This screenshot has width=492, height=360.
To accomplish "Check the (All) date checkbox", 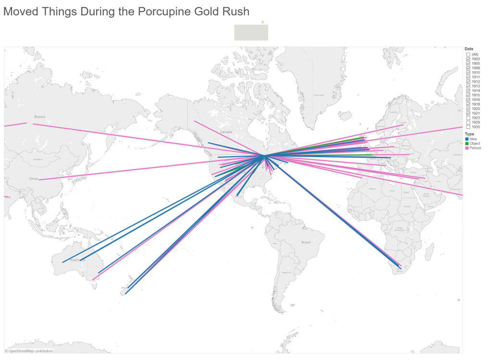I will pos(468,54).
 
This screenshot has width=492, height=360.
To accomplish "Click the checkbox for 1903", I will pos(468,59).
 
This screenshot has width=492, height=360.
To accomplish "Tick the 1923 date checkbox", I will pos(468,118).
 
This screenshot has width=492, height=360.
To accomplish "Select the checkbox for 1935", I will pos(468,127).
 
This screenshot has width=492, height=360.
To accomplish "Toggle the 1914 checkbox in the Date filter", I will pos(468,90).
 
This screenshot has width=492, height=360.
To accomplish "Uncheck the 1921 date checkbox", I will pos(468,113).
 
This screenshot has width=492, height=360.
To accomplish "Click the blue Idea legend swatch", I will pos(467,139).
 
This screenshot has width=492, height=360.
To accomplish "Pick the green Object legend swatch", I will pos(467,143).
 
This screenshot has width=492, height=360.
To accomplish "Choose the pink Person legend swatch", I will pos(467,148).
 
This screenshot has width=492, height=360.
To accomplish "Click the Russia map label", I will pos(39,117).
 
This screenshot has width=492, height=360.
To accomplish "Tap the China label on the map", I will pos(33,179).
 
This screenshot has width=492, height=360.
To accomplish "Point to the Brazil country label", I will pos(306,242).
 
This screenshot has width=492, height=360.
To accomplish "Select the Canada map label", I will pos(226,132).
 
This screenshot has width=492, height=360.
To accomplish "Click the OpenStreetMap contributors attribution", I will pos(29,351).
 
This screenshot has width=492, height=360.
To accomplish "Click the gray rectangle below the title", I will pos(251,33).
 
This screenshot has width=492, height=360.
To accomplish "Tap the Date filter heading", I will pos(469,49).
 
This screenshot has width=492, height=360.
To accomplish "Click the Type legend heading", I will pos(469,134).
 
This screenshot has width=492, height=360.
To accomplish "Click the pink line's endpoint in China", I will pos(40,180).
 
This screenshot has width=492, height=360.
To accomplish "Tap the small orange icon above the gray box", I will pos(262,22).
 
